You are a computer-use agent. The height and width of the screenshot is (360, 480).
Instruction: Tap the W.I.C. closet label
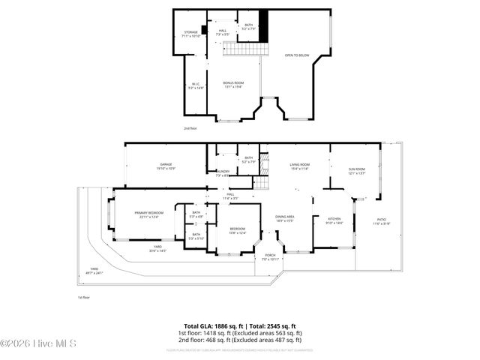pyautogui.click(x=195, y=85)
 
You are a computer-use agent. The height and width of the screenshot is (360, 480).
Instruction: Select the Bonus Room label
pyautogui.click(x=233, y=84)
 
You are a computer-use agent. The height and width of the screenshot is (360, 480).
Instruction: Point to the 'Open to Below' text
pyautogui.click(x=296, y=55)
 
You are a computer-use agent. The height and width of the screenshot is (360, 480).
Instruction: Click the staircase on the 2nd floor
pyautogui.click(x=247, y=49)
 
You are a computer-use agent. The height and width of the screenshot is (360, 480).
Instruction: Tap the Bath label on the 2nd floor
pyautogui.click(x=249, y=27)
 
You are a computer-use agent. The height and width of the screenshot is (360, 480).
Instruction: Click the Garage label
pyautogui.click(x=166, y=166)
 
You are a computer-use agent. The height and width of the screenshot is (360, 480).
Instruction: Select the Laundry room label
pyautogui.click(x=223, y=173)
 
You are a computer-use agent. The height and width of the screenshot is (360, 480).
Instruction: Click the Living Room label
pyautogui.click(x=300, y=166)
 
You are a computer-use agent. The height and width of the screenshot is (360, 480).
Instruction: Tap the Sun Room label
pyautogui.click(x=355, y=171)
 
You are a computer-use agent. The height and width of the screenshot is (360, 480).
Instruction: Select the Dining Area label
pyautogui.click(x=284, y=218)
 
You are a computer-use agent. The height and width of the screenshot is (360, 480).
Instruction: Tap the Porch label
pyautogui.click(x=269, y=256)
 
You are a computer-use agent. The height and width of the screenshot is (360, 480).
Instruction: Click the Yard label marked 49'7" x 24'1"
pyautogui.click(x=94, y=270)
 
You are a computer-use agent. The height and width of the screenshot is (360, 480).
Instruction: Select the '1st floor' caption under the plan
pyautogui.click(x=85, y=298)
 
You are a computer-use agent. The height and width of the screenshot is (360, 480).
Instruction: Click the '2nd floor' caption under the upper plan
pyautogui.click(x=191, y=128)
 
